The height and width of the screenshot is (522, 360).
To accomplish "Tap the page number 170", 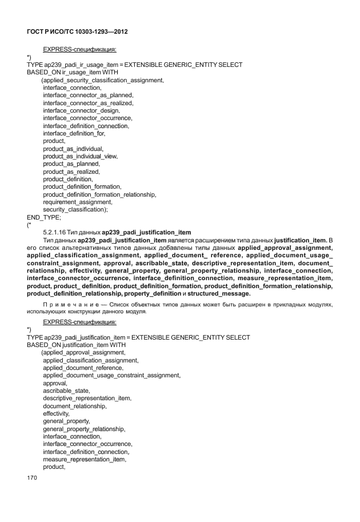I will point(32,477).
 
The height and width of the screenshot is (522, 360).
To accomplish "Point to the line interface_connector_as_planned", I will point(88,95).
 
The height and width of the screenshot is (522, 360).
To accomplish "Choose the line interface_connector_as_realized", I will point(88,103).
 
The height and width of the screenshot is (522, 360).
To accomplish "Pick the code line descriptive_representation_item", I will point(87,398).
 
